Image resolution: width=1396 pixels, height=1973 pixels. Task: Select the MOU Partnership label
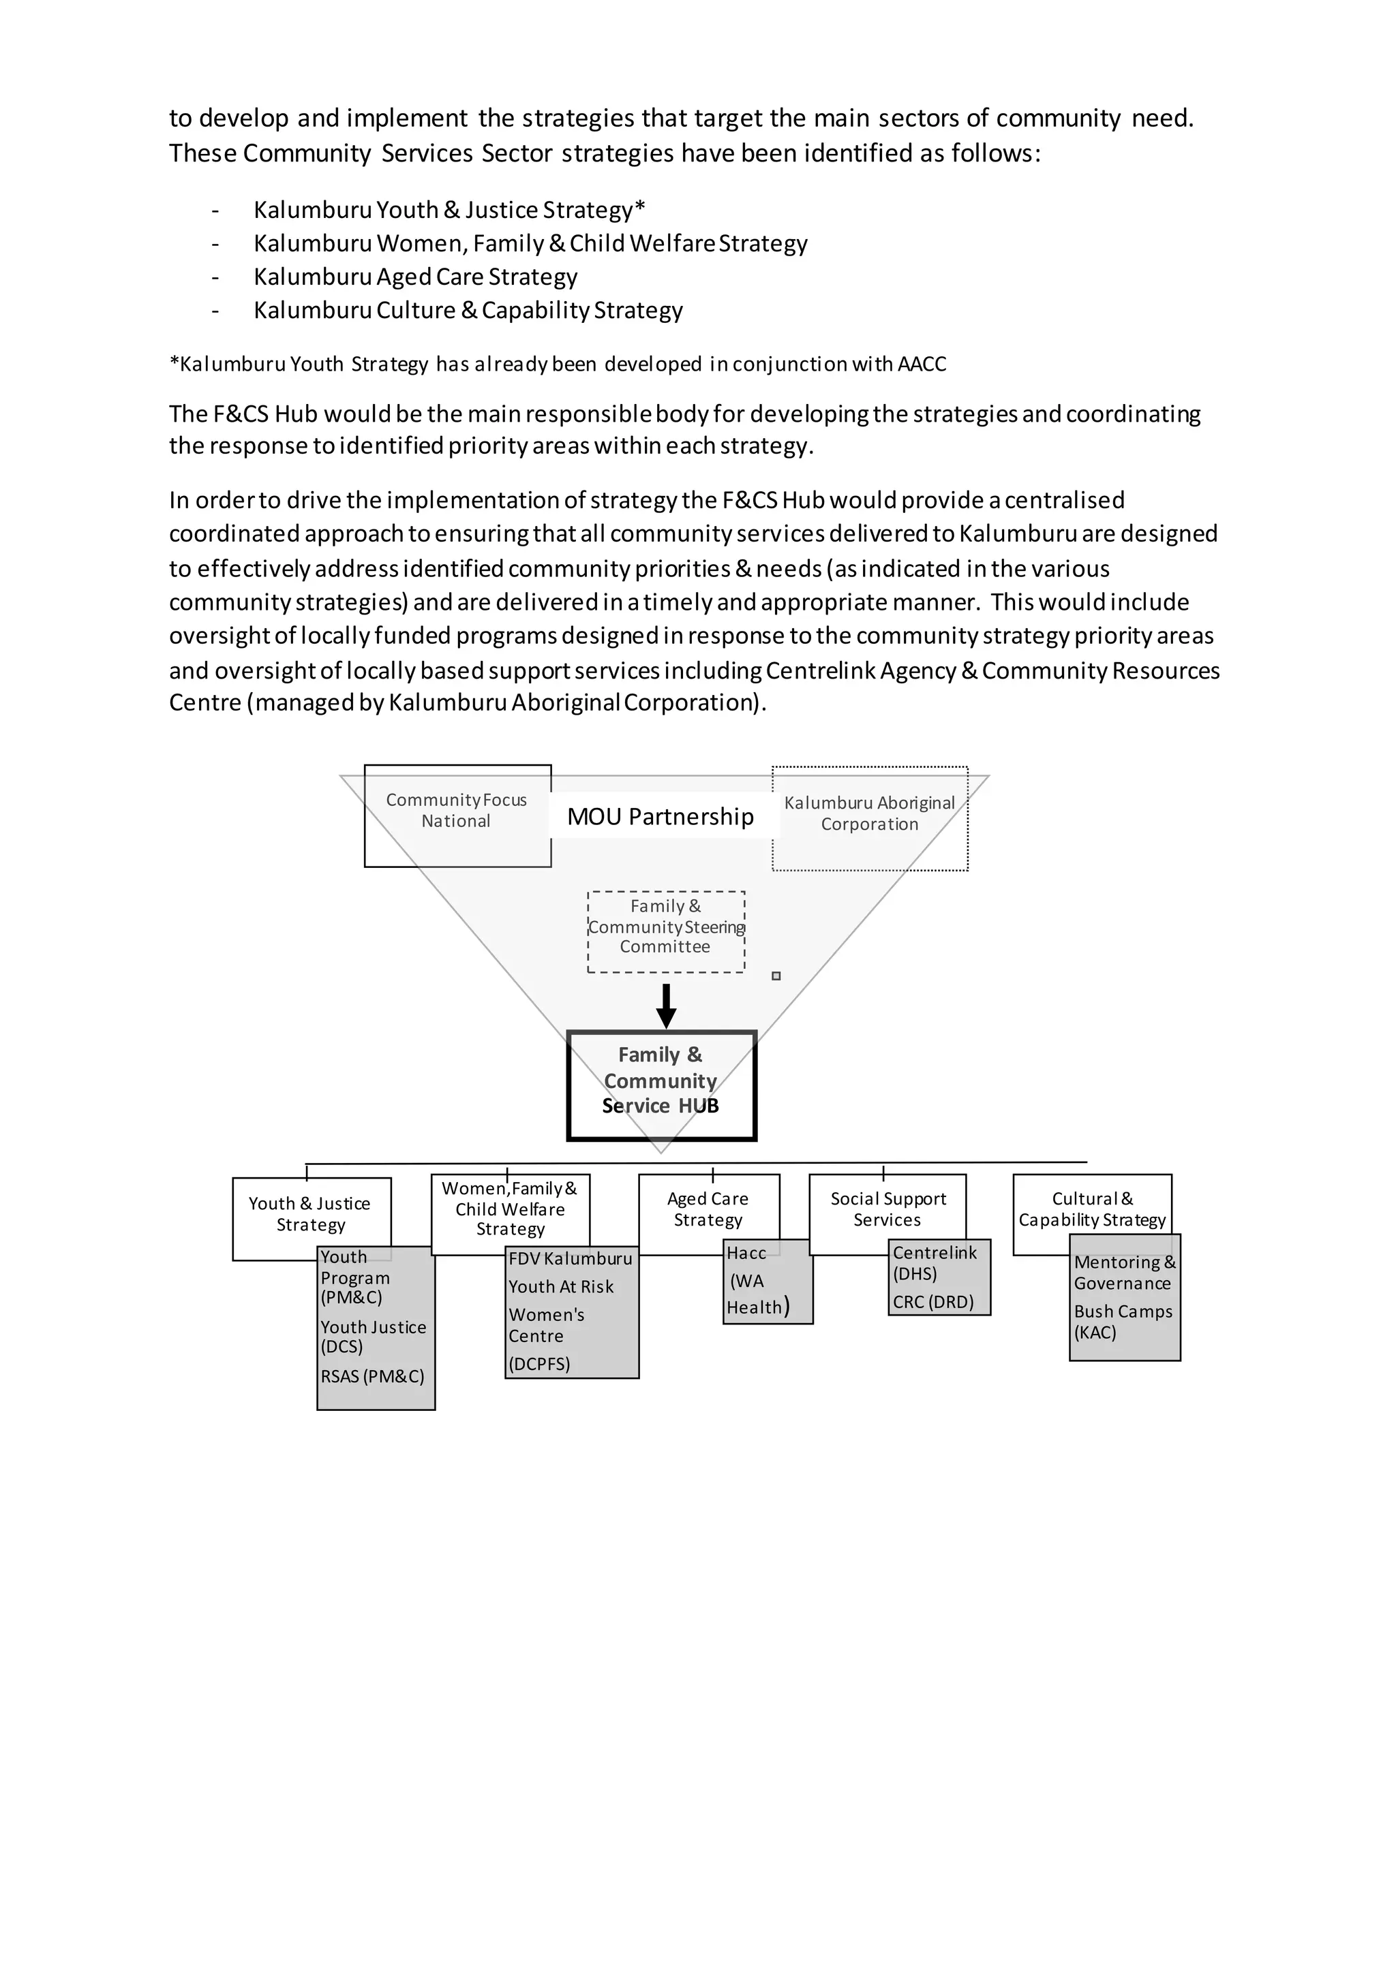pos(661,816)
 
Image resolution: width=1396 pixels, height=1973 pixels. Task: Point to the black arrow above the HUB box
pos(665,1006)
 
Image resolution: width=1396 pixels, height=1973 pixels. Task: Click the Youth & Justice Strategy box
pos(309,1214)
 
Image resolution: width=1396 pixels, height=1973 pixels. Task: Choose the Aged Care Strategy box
pos(708,1209)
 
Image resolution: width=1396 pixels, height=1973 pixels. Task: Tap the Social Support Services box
pos(887,1209)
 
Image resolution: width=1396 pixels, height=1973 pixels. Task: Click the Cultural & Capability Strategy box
pos(1092,1209)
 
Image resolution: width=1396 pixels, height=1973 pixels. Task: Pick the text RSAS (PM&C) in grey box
pos(372,1376)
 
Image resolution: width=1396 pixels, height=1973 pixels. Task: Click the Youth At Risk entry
pos(560,1286)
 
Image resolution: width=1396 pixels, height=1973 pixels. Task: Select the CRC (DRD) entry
pos(932,1302)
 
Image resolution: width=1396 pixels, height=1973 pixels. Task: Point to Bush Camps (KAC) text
pos(1122,1322)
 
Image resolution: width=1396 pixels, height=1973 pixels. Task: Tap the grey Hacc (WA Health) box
pos(767,1280)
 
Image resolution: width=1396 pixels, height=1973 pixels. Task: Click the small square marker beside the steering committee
pos(776,976)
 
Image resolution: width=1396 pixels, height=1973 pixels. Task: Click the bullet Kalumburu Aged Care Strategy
pos(415,277)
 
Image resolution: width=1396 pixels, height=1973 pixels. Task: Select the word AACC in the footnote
pos(922,364)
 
